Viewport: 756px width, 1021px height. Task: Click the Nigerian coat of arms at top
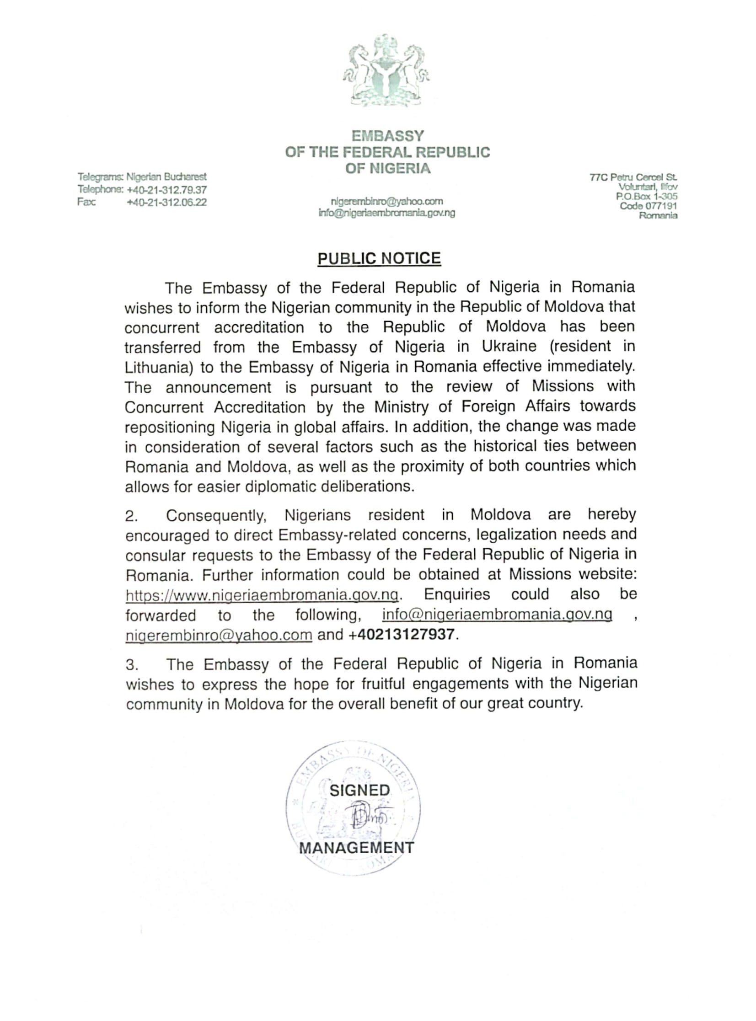pyautogui.click(x=387, y=71)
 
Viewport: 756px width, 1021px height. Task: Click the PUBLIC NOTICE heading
pyautogui.click(x=379, y=258)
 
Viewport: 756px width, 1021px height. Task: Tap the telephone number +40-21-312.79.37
pyautogui.click(x=166, y=189)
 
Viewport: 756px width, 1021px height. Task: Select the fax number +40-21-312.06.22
pyautogui.click(x=166, y=202)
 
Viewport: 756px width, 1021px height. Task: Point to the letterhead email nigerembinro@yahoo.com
pyautogui.click(x=387, y=201)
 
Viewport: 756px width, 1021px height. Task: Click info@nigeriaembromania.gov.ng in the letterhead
pyautogui.click(x=387, y=213)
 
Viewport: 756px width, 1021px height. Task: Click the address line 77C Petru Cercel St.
pyautogui.click(x=633, y=177)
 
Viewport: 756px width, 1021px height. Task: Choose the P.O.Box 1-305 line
pyautogui.click(x=646, y=196)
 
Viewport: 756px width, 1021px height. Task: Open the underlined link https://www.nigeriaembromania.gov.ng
pyautogui.click(x=262, y=595)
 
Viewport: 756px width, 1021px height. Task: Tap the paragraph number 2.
pyautogui.click(x=131, y=516)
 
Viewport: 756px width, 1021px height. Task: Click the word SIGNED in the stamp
pyautogui.click(x=359, y=790)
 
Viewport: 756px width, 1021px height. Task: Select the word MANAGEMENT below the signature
pyautogui.click(x=356, y=848)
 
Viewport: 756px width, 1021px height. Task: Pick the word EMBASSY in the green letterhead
pyautogui.click(x=387, y=136)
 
